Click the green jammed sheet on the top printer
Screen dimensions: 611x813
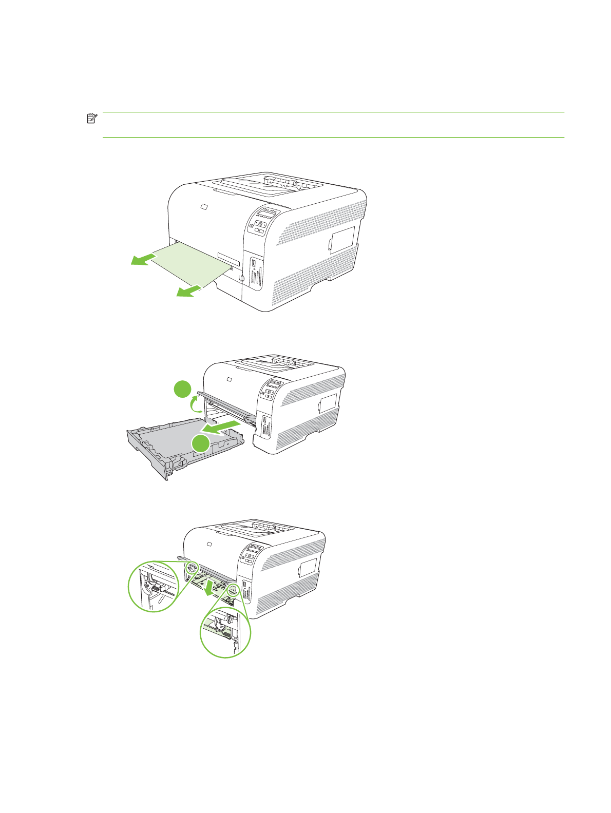pos(190,263)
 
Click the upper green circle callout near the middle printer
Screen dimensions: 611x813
pos(182,389)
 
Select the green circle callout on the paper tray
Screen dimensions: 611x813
pos(201,443)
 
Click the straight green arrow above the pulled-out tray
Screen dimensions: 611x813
pos(222,426)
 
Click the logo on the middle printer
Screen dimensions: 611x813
pos(229,380)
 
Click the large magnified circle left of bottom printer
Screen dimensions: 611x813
pos(153,586)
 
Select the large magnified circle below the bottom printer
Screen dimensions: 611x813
pos(225,632)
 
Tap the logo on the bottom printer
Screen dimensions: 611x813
pos(209,544)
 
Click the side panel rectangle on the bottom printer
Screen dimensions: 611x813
pos(308,568)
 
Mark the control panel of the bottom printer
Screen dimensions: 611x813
pos(251,554)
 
